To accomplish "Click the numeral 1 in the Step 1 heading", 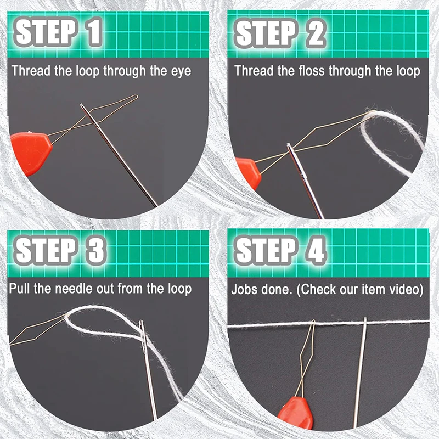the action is (94, 31).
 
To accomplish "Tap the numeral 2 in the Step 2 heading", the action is (315, 33).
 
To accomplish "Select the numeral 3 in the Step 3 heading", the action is (95, 250).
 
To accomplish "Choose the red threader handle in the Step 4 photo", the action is (296, 413).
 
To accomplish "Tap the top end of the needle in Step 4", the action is (365, 318).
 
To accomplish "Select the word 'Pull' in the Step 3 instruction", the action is (20, 289).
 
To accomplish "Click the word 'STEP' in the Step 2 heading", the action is (266, 33).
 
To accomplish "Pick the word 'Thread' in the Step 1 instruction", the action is (31, 71).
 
